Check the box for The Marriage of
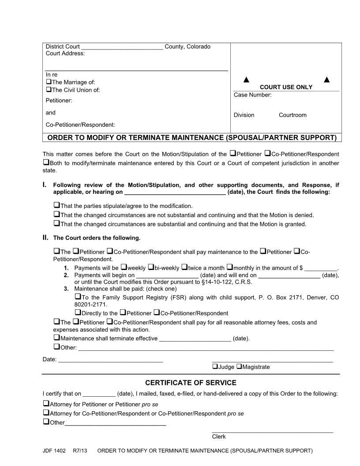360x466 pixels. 49,82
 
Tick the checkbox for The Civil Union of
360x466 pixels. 49,90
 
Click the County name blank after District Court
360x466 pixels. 122,47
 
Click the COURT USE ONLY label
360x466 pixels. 286,87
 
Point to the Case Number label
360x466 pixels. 252,95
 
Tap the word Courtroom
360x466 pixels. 292,115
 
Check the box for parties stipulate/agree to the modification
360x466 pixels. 56,206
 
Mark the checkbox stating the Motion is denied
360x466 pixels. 56,215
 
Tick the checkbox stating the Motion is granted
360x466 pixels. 56,224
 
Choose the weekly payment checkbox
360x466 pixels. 124,267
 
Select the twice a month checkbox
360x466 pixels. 184,267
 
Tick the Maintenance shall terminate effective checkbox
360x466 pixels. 56,338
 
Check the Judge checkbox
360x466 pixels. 215,366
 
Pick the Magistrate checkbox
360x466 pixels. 239,366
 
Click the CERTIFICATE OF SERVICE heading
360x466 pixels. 191,383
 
